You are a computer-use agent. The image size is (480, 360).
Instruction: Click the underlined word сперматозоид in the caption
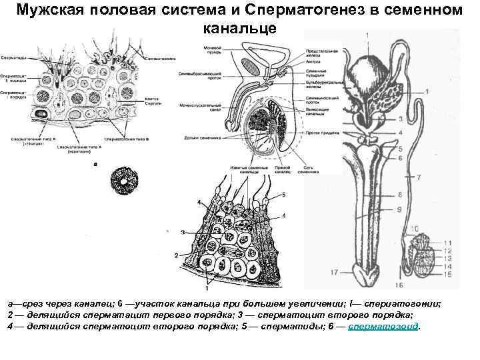pos(383,327)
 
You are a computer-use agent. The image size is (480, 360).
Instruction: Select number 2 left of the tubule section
pos(175,255)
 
